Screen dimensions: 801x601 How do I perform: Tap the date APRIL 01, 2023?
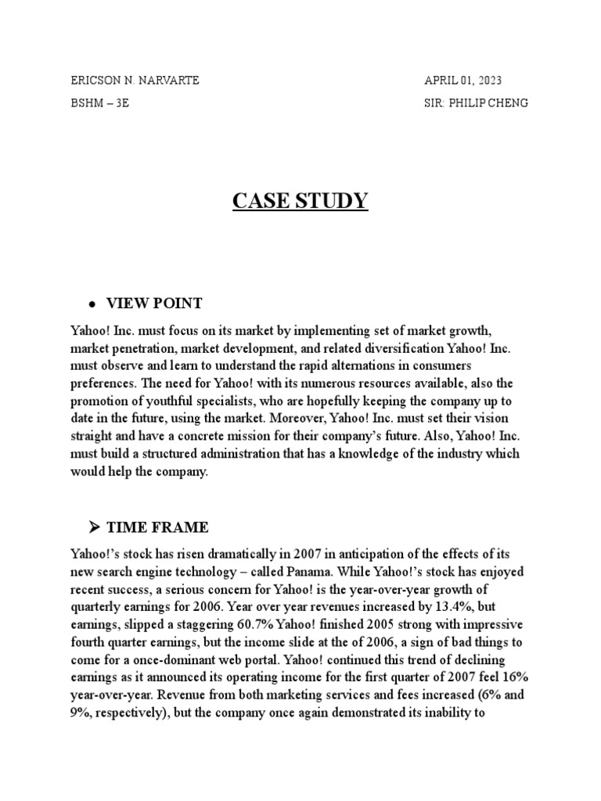(x=463, y=81)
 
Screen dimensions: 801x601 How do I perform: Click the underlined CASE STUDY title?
(x=300, y=201)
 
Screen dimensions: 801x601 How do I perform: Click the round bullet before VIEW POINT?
(x=92, y=304)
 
